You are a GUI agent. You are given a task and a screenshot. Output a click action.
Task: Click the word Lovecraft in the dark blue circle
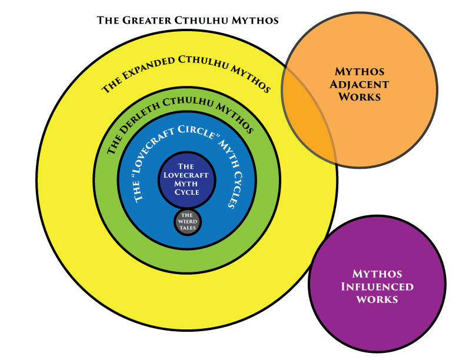point(187,175)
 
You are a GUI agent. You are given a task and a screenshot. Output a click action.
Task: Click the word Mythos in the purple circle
point(377,274)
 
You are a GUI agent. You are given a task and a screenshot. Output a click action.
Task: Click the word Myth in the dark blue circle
point(187,183)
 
